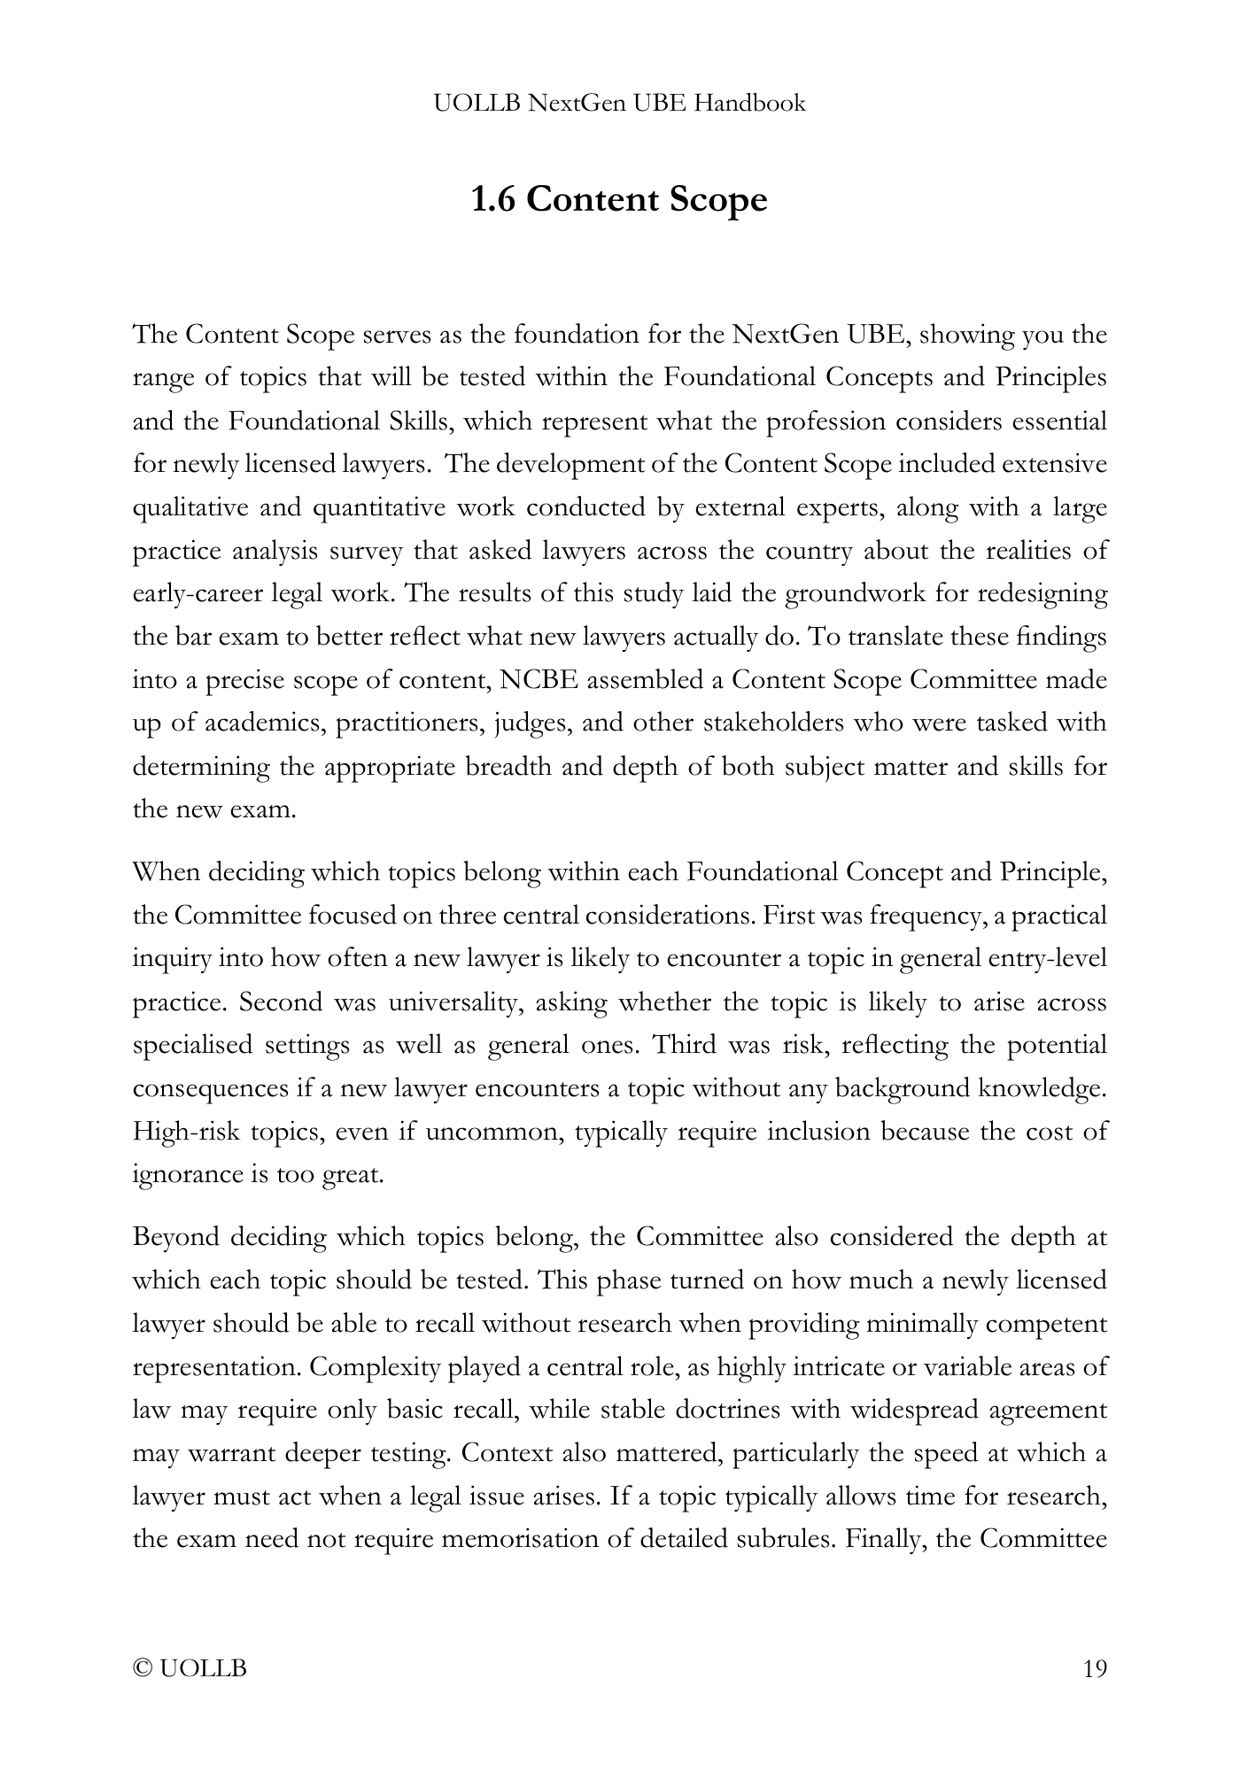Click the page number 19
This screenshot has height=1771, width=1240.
1095,1669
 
